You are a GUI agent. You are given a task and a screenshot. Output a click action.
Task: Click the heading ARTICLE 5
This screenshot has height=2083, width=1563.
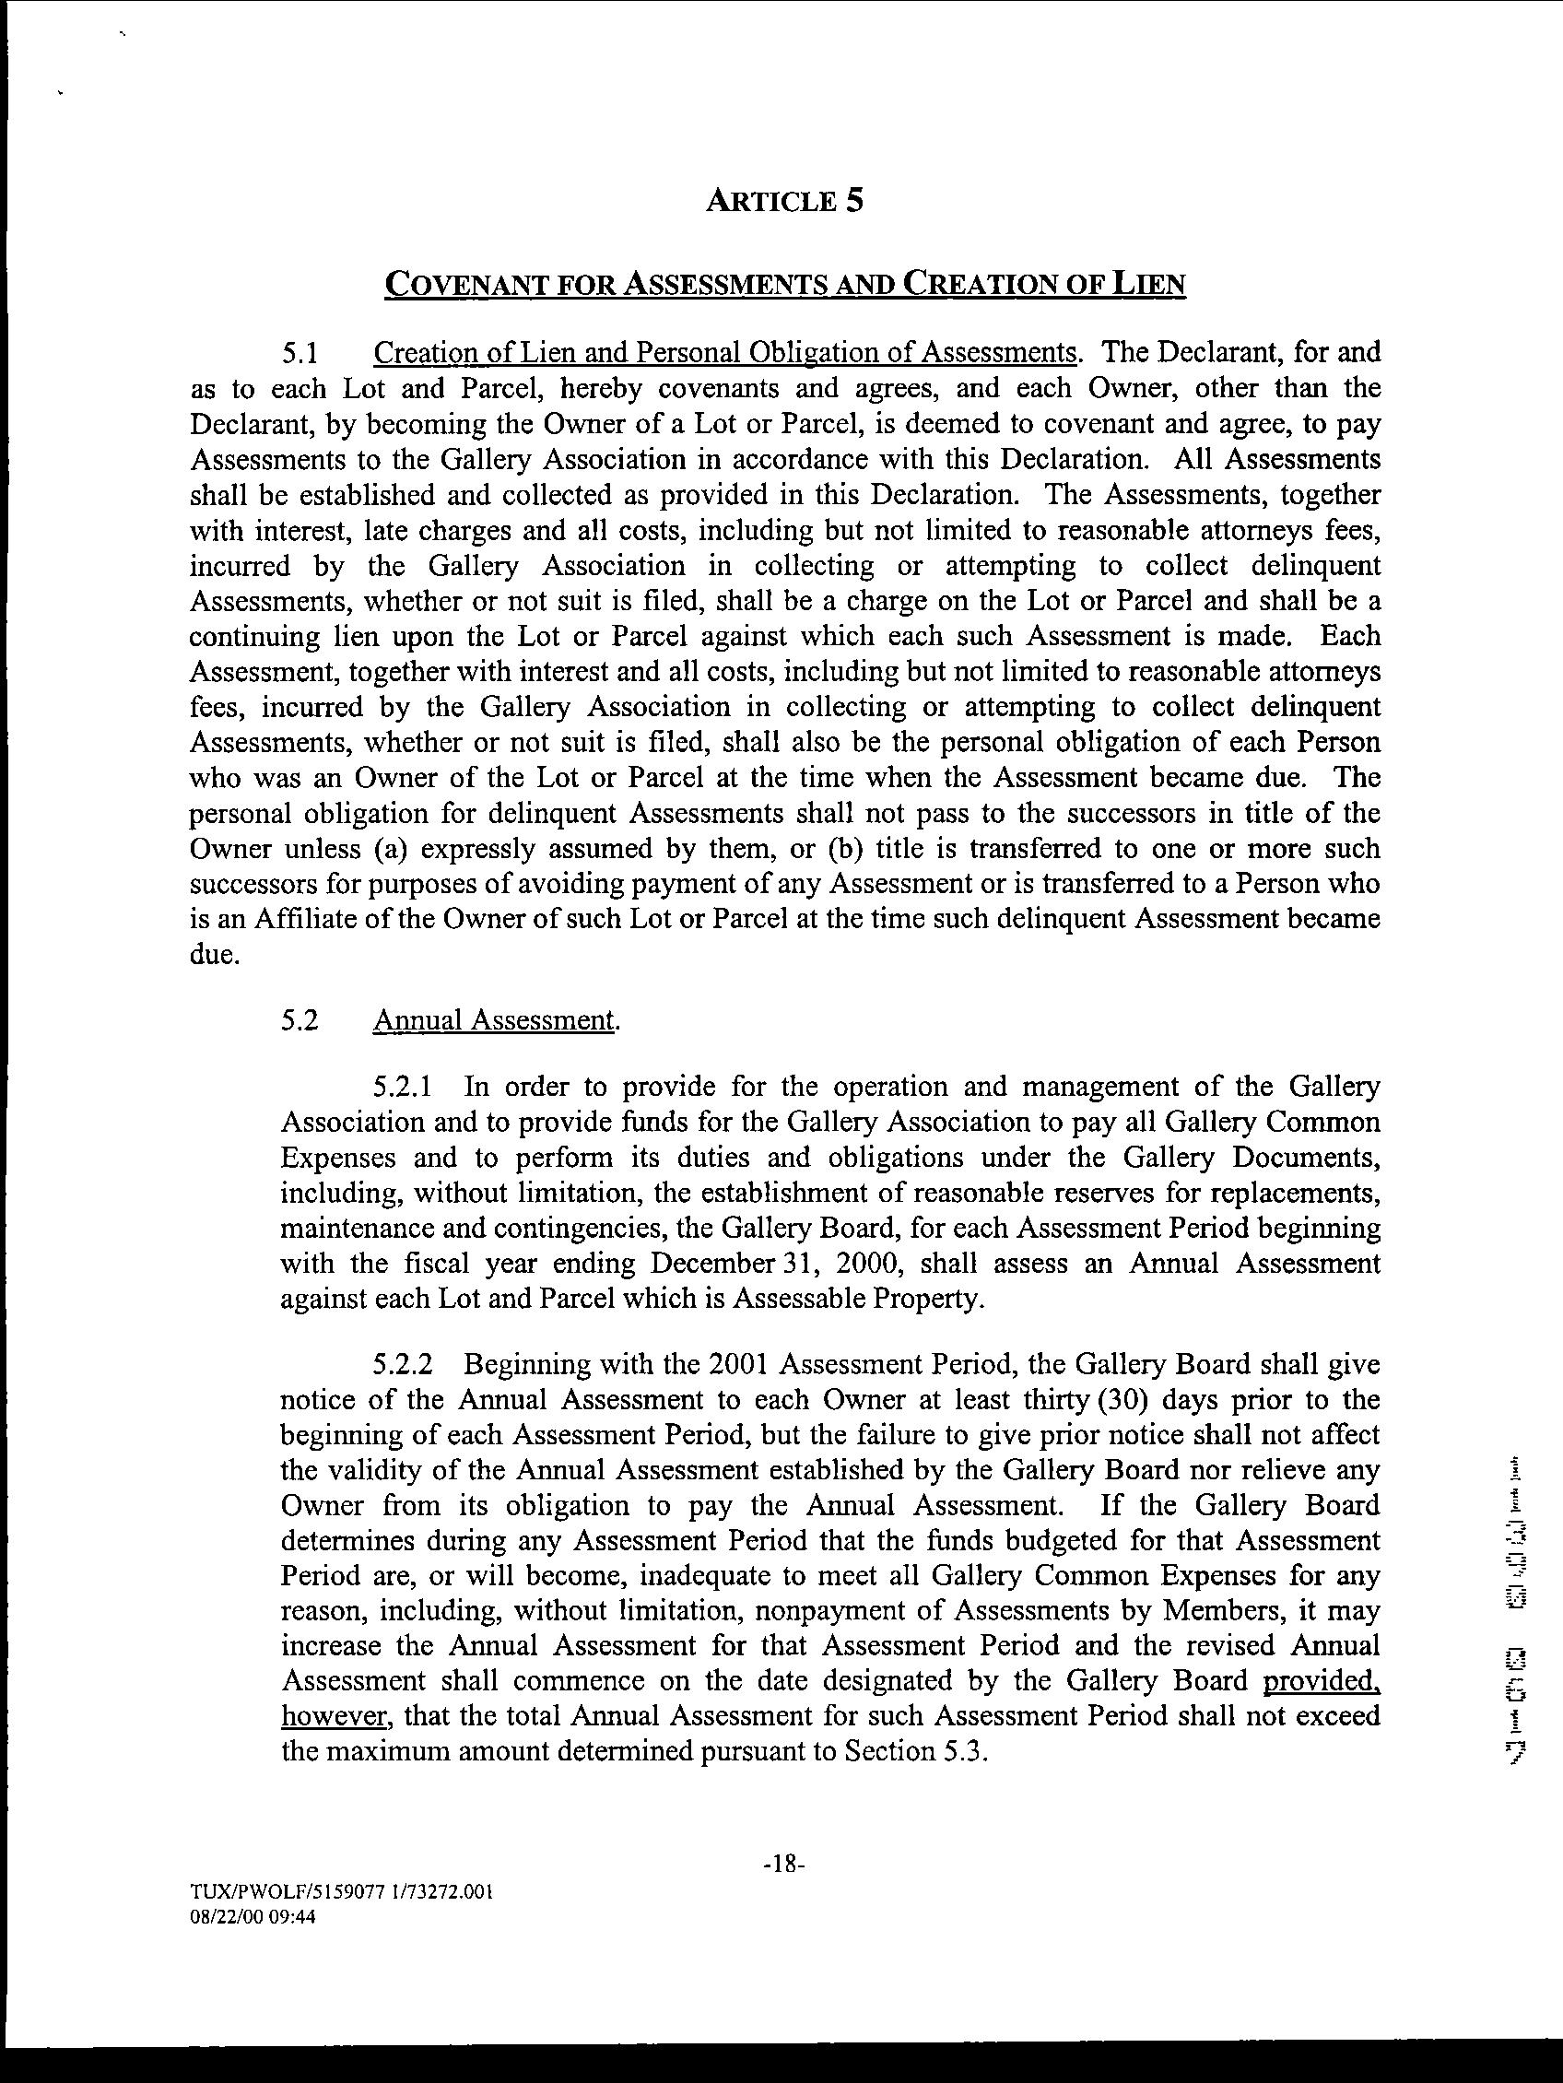784,202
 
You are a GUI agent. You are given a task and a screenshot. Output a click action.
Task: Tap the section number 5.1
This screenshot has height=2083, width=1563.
302,353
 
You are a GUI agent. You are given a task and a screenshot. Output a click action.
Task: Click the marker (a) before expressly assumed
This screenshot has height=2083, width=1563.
391,849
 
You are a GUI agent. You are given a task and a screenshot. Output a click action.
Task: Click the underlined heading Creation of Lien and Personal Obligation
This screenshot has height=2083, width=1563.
725,353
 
